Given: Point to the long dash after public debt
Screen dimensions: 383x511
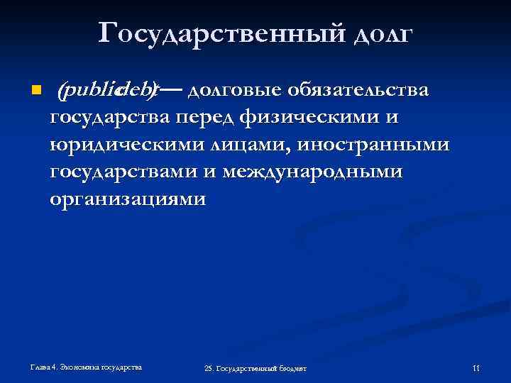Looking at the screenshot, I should [x=173, y=91].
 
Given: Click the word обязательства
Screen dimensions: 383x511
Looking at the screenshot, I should [x=360, y=91].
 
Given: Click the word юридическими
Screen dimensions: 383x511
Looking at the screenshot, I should [x=126, y=145].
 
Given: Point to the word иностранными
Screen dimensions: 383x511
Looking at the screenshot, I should [x=373, y=145].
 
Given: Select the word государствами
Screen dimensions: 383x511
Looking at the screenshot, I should [x=130, y=172].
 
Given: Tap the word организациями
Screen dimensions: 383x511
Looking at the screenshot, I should [x=128, y=199].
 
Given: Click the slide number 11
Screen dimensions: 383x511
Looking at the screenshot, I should [x=476, y=368].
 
